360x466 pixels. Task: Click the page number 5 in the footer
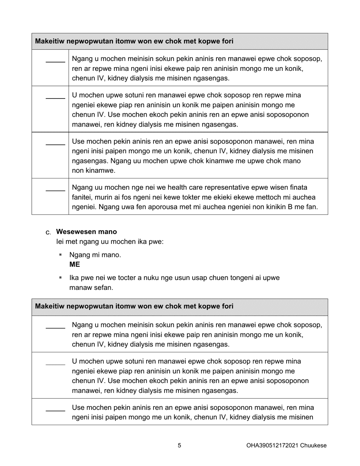tap(179, 446)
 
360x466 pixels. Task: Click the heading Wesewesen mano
tap(86, 231)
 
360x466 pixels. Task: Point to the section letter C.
tap(48, 232)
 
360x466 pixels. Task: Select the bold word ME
tap(75, 264)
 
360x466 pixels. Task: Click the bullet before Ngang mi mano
tap(60, 255)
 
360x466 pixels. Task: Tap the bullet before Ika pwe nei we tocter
tap(60, 278)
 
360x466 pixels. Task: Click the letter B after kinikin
tap(285, 207)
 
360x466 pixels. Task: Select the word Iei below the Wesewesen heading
tap(61, 241)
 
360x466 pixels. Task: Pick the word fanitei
tap(83, 197)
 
